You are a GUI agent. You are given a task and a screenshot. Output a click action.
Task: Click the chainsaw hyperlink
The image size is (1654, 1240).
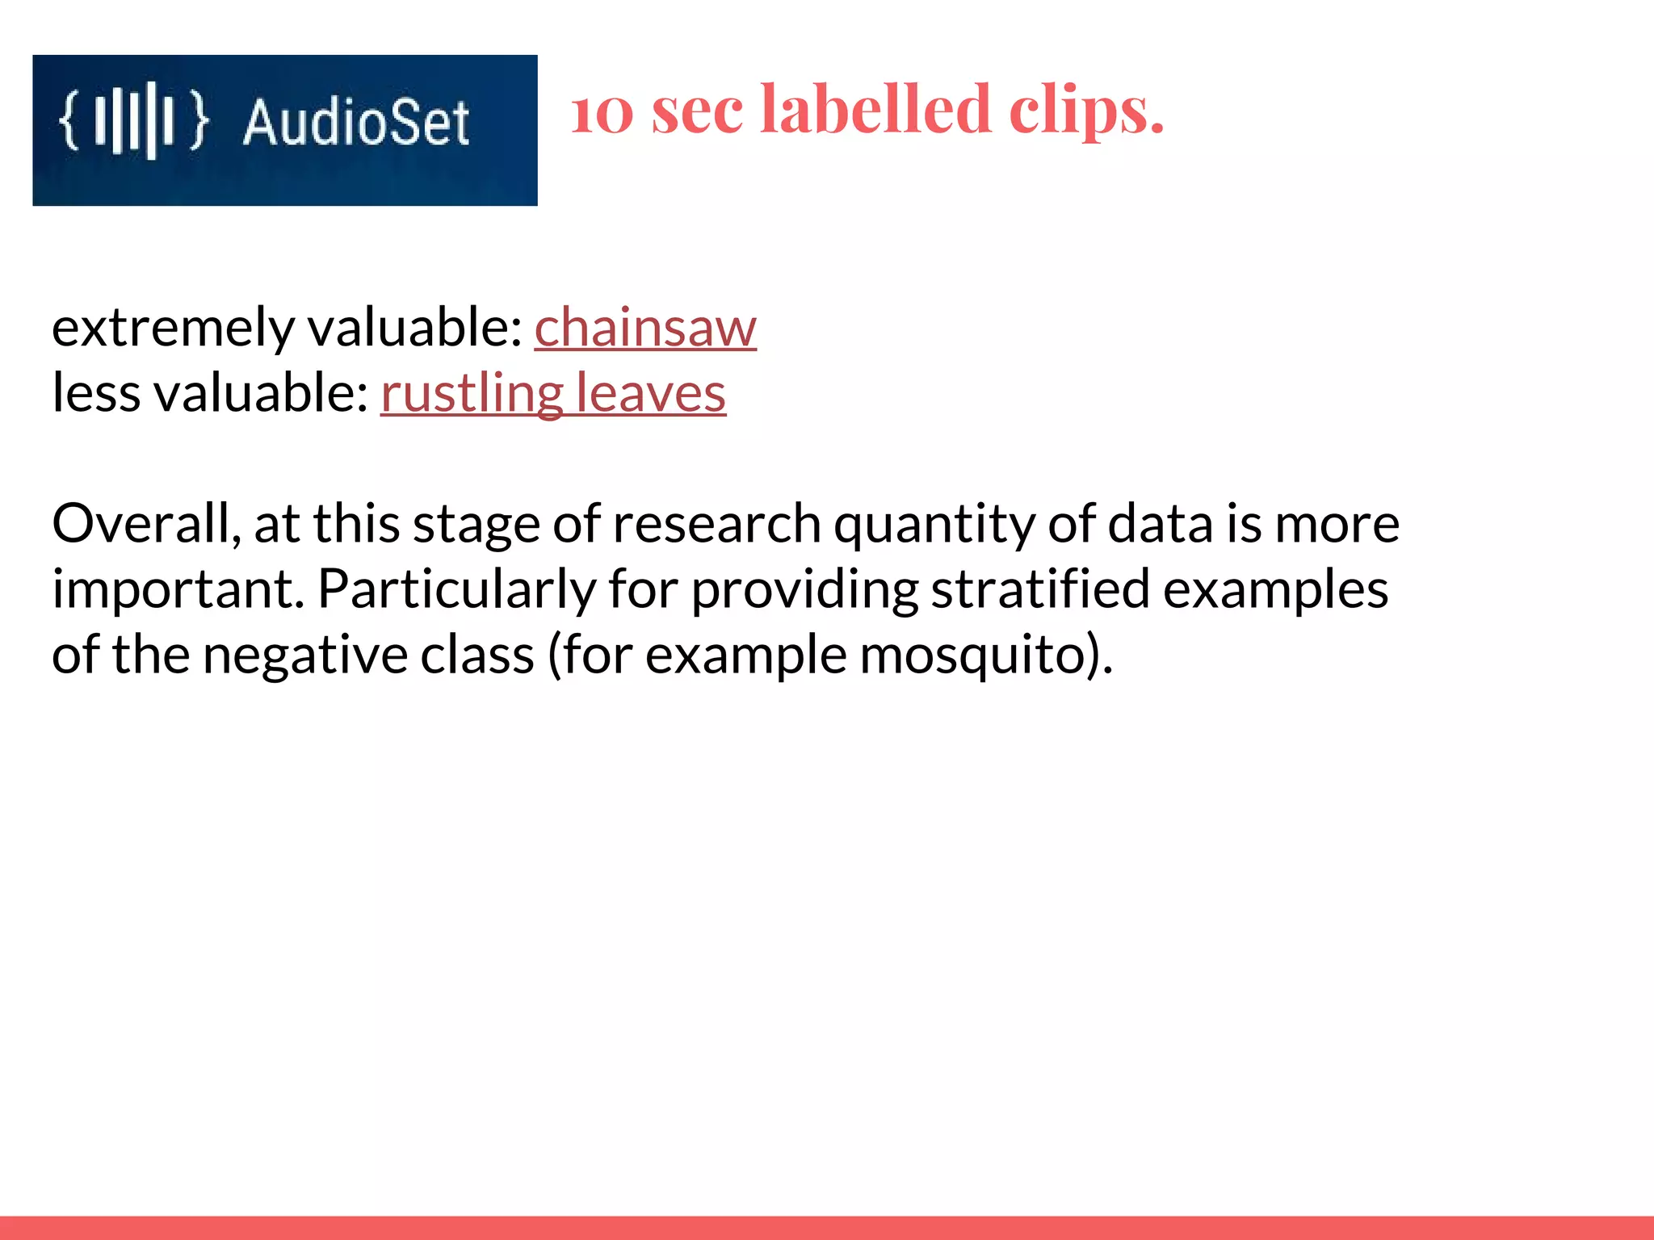click(645, 328)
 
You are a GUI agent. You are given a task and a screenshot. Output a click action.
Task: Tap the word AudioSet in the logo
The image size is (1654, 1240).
click(356, 123)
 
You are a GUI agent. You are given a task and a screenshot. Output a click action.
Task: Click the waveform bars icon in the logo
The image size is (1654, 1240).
click(134, 121)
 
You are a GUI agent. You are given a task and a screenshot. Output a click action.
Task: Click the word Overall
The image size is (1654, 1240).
click(146, 524)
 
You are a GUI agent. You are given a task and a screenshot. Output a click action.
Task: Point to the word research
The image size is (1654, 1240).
click(717, 524)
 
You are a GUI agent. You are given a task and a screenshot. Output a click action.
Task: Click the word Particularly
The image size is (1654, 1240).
click(456, 589)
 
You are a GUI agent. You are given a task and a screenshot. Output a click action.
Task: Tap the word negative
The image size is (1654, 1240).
click(306, 655)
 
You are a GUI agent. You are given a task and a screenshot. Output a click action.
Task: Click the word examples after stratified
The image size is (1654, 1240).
click(1276, 589)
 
